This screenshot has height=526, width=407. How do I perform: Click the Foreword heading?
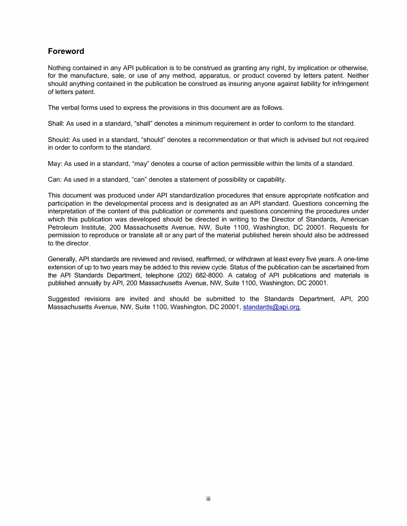click(x=66, y=51)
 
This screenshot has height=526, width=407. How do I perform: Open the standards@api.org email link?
click(x=271, y=307)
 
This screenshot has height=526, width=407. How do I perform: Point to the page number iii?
click(x=208, y=499)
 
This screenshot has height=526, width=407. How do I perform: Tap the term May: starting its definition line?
click(x=55, y=164)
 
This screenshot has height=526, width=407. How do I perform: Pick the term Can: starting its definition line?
click(x=55, y=180)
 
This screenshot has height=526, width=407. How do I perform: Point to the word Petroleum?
click(x=63, y=228)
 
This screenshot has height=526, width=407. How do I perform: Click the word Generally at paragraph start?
click(x=62, y=259)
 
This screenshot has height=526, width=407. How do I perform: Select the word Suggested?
click(x=63, y=299)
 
